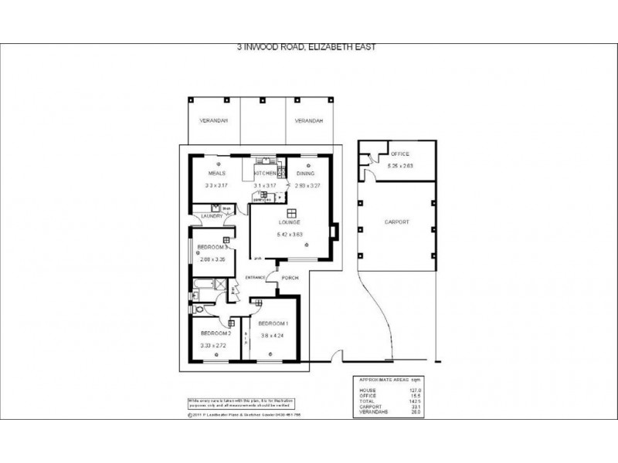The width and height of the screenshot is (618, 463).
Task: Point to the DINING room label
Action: pyautogui.click(x=304, y=174)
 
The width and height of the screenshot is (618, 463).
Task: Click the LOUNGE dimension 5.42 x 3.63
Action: pyautogui.click(x=291, y=234)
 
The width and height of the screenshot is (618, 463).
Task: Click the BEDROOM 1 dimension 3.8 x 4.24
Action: pyautogui.click(x=273, y=336)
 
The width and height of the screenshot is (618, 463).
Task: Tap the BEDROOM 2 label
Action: pyautogui.click(x=210, y=333)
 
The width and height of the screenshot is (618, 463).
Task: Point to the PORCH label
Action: pyautogui.click(x=290, y=278)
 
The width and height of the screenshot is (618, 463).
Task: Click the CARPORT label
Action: pyautogui.click(x=396, y=222)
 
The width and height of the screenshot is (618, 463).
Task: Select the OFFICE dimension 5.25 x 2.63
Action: pyautogui.click(x=400, y=166)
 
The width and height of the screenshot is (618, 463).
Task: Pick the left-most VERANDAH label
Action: pyautogui.click(x=212, y=122)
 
